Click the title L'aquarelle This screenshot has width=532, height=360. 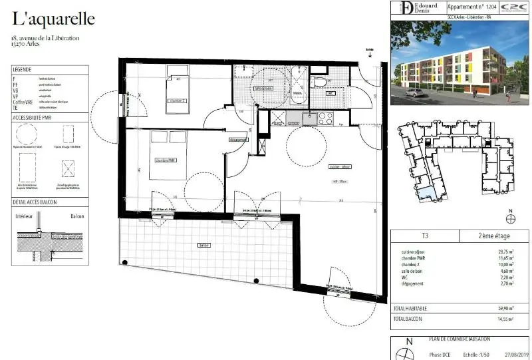pyautogui.click(x=53, y=18)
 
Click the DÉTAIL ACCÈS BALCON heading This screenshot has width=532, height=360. pyautogui.click(x=35, y=202)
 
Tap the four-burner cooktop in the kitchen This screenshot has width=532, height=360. pyautogui.click(x=326, y=119)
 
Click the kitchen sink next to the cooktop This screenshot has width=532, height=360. pyautogui.click(x=310, y=119)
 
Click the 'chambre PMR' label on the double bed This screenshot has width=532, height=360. pyautogui.click(x=166, y=160)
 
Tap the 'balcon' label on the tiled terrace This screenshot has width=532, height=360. pyautogui.click(x=203, y=245)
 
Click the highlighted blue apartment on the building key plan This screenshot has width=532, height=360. pyautogui.click(x=432, y=194)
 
